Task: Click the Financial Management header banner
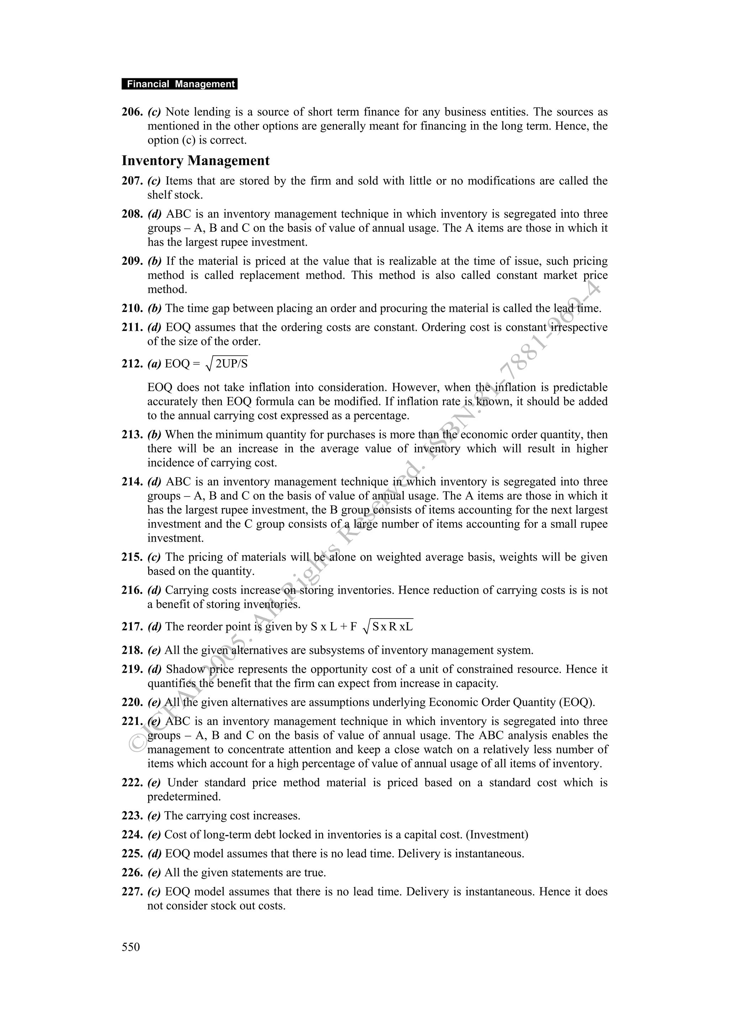(179, 84)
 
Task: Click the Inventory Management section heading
(195, 161)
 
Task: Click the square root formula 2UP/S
(227, 363)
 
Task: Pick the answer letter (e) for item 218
(154, 650)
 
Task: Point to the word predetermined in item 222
(184, 797)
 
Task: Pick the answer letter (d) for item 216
(154, 590)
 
